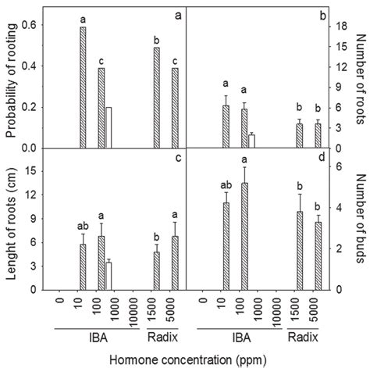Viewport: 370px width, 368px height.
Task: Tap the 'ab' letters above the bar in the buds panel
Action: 226,186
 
